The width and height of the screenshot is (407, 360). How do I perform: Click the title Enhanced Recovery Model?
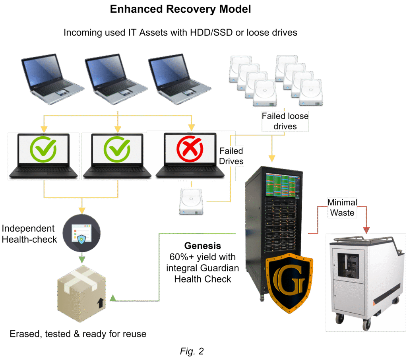[180, 10]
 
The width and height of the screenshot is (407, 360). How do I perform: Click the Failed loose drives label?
[285, 121]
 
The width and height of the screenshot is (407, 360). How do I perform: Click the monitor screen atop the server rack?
[283, 184]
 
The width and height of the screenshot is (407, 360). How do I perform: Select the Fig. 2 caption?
[192, 351]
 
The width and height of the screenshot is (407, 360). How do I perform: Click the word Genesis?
[202, 246]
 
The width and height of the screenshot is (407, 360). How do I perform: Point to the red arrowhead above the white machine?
[366, 230]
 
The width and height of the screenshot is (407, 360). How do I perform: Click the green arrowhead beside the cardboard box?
[112, 298]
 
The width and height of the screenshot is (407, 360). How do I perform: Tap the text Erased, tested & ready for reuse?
[78, 334]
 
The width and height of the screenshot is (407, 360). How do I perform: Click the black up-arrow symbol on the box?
[99, 304]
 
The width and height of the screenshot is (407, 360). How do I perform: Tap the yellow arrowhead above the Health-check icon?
[81, 210]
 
